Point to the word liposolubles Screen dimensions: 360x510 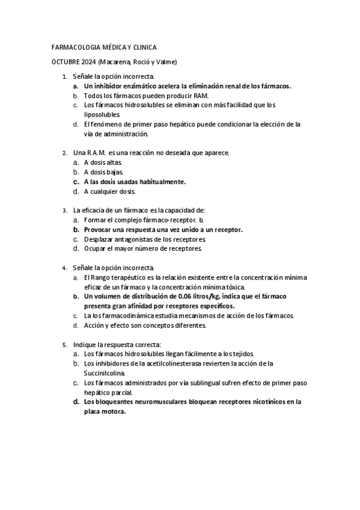click(102, 114)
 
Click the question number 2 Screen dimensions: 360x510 click(64, 153)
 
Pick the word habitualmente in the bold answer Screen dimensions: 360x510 click(160, 182)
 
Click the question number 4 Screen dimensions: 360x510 click(64, 268)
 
